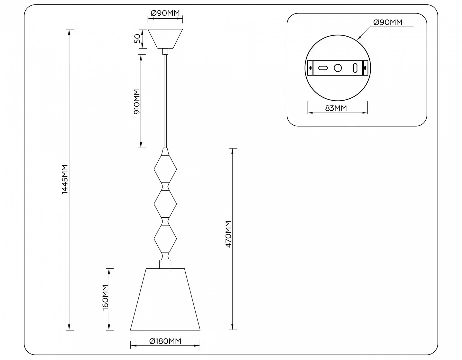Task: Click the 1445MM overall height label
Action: tap(65, 179)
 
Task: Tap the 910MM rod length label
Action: tap(137, 102)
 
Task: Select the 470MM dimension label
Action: tap(229, 234)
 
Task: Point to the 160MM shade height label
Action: tap(106, 297)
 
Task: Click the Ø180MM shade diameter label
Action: tap(165, 341)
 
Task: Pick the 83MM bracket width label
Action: tap(336, 108)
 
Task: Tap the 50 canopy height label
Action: tap(137, 38)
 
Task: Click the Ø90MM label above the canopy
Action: tap(165, 13)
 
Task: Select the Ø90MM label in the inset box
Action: tap(388, 22)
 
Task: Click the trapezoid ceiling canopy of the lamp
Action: tap(165, 38)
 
